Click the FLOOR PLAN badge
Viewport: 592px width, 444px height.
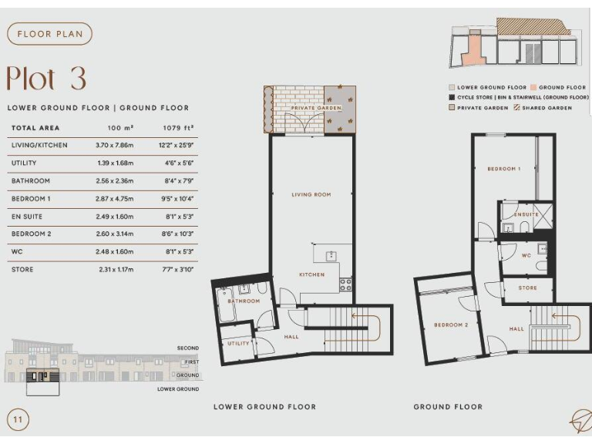pos(49,34)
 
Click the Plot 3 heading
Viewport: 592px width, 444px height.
pos(46,79)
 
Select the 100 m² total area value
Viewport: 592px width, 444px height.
pos(119,128)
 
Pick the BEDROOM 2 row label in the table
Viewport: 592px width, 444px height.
pos(31,234)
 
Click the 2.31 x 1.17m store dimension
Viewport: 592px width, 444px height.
pos(116,270)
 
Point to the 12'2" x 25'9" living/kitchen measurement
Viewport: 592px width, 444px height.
pos(178,145)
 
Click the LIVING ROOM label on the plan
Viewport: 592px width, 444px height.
pos(311,195)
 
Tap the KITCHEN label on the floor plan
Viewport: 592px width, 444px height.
pos(311,275)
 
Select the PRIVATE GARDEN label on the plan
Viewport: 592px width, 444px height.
pos(316,109)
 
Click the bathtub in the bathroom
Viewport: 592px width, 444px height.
pos(227,305)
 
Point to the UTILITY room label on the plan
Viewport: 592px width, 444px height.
pos(238,343)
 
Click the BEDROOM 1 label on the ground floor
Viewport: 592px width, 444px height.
pos(503,169)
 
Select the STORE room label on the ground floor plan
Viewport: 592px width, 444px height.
pos(527,288)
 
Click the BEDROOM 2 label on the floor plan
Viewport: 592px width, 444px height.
pos(451,325)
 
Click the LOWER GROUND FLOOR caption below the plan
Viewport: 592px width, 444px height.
pos(264,407)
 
